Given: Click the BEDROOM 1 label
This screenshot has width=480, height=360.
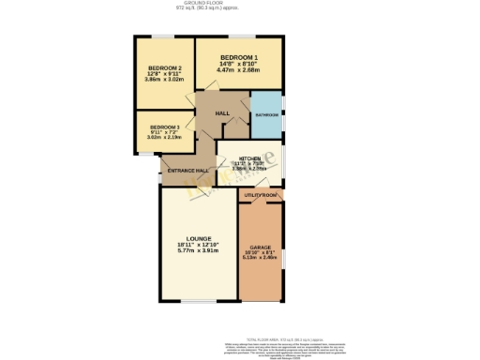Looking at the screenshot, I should (x=237, y=57).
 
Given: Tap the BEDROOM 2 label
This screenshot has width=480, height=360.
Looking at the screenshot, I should (x=164, y=68).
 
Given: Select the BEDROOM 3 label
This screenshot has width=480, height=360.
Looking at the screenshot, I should (x=164, y=126).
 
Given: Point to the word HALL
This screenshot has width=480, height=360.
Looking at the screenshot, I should (x=222, y=113).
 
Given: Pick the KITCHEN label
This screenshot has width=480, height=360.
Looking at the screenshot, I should (x=248, y=158).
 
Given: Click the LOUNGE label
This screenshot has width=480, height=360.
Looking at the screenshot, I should (x=198, y=238).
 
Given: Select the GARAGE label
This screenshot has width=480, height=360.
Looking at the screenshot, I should (x=261, y=247).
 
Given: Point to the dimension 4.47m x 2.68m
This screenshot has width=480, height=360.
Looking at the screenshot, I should (x=237, y=69).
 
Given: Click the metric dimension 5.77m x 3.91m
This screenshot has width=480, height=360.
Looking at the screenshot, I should (x=198, y=250).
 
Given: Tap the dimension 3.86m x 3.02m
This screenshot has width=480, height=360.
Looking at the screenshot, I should (x=164, y=80).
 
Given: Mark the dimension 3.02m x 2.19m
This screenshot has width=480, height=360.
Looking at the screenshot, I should (x=164, y=137).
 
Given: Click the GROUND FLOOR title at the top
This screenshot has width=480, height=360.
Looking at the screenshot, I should (x=239, y=4).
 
